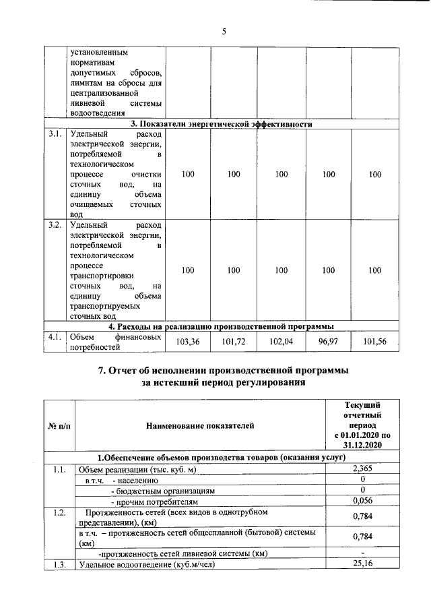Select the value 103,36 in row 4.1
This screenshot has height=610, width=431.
tap(188, 342)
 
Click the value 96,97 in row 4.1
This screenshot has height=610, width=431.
tap(328, 342)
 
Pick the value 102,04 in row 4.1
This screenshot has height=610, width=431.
tap(281, 342)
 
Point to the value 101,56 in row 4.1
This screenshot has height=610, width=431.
tap(374, 342)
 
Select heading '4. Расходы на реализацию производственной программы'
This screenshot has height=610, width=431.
tap(223, 326)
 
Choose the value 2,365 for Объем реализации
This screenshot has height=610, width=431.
tap(362, 469)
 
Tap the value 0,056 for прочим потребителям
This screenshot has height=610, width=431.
tap(362, 501)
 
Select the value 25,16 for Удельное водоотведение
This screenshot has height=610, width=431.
tap(362, 564)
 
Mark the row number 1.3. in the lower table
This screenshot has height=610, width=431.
tap(59, 564)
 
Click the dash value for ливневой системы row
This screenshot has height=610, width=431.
tap(362, 553)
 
